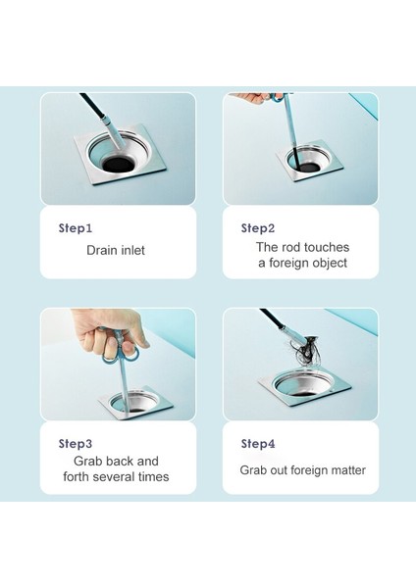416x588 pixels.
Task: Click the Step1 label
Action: pos(76,228)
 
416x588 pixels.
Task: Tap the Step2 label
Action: pos(258,228)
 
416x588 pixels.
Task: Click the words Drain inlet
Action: pos(116,251)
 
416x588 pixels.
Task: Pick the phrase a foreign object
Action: pos(302,264)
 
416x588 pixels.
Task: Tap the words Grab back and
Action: pos(116,461)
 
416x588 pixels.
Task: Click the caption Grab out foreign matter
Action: pos(302,470)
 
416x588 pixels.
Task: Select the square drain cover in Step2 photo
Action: pos(306,162)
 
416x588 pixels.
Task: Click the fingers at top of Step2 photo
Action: pos(253,98)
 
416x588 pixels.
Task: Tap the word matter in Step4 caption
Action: pos(345,470)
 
